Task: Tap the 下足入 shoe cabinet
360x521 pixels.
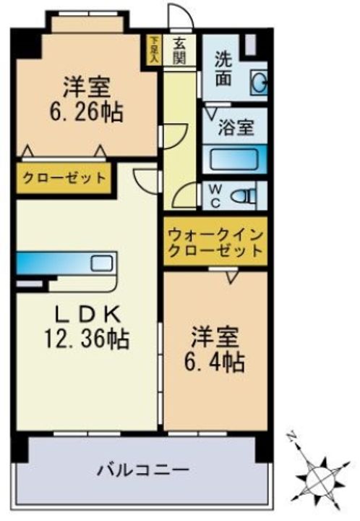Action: pos(154,50)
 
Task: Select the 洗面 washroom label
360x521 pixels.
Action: pos(223,68)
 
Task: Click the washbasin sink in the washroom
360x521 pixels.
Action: pos(258,83)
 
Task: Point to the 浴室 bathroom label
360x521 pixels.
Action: pos(236,128)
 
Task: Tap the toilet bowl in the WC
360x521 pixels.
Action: pos(247,194)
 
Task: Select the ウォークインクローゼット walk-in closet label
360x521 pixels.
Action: pos(215,243)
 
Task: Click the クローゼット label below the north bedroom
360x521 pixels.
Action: pos(64,177)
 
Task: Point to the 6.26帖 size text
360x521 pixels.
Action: pos(87,112)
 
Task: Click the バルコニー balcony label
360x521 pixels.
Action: pos(144,469)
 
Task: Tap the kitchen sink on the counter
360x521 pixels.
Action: pos(101,262)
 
